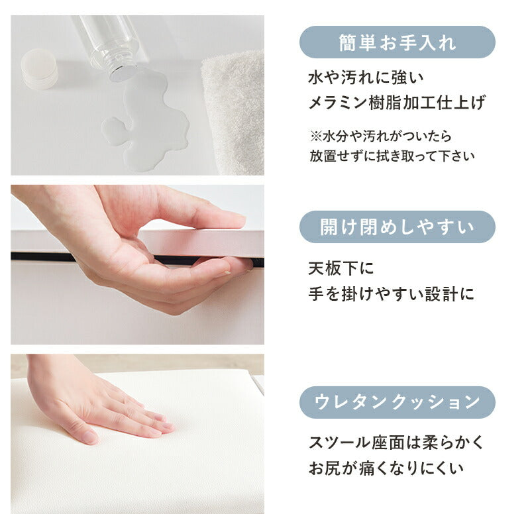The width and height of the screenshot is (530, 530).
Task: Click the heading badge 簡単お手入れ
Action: (397, 42)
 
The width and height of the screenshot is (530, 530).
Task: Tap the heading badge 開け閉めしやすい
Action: (397, 227)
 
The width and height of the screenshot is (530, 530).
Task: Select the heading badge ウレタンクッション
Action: (397, 402)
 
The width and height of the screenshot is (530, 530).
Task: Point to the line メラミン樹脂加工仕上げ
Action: (397, 103)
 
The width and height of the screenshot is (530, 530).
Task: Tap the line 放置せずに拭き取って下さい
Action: (392, 157)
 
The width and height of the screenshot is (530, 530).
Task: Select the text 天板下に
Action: (341, 269)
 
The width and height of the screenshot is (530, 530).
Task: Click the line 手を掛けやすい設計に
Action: (391, 294)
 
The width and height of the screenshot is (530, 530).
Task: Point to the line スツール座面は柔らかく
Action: (396, 443)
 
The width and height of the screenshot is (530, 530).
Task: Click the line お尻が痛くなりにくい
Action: (386, 468)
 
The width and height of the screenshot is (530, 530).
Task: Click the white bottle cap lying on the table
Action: (40, 68)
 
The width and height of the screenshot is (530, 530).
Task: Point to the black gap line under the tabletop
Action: (40, 256)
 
